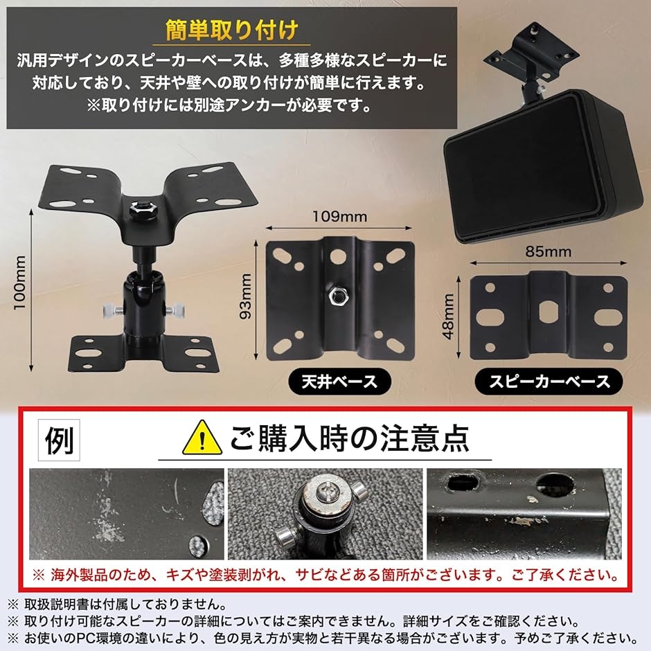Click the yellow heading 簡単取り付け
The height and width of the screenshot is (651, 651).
231,30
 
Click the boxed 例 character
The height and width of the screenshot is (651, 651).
59,440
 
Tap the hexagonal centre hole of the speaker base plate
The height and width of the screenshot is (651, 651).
547,312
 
